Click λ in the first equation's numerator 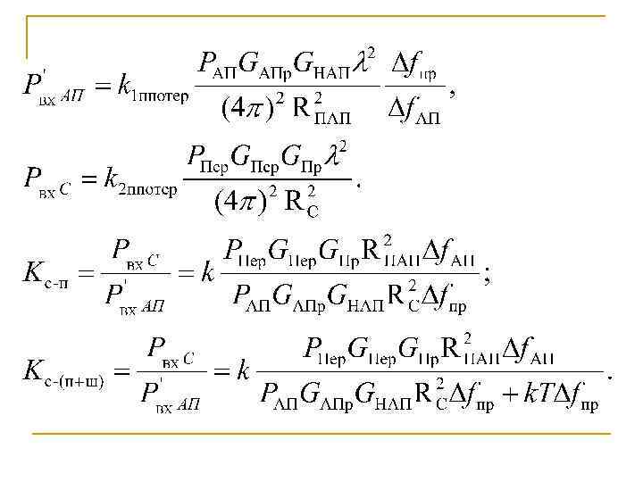[364, 62]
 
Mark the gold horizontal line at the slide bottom [321, 434]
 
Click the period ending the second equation [358, 185]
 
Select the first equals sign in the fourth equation [122, 372]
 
